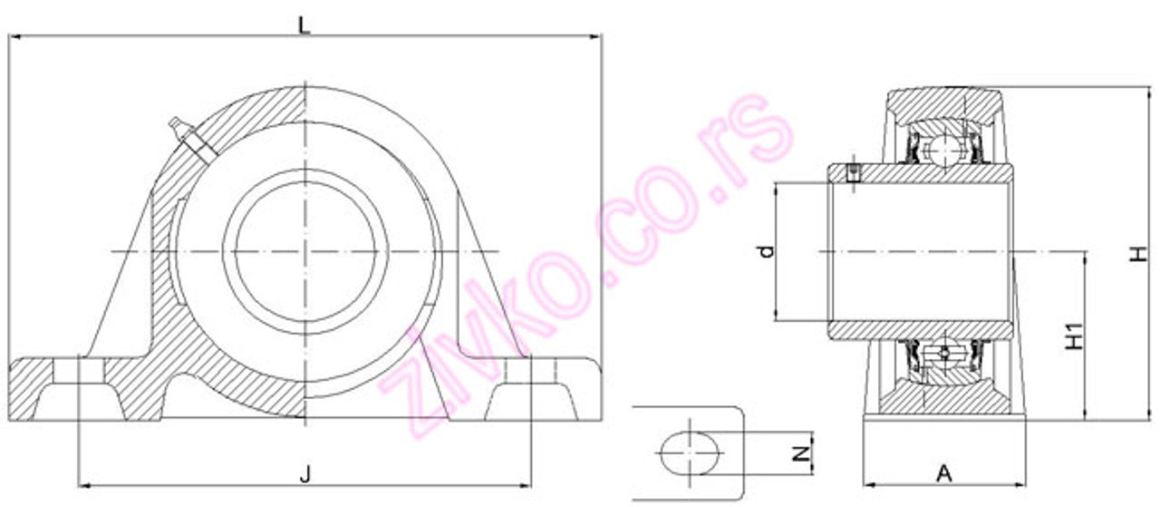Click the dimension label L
coord(305,24)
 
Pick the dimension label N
coord(801,450)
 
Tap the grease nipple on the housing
coord(182,131)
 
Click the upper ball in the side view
coord(945,147)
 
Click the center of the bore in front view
coord(306,250)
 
